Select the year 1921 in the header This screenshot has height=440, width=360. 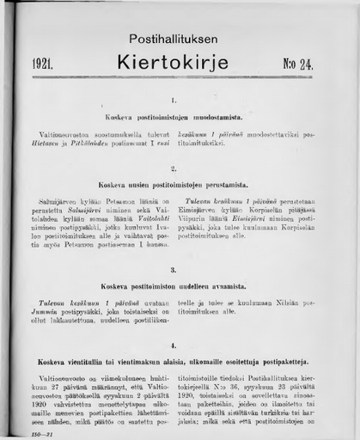point(44,64)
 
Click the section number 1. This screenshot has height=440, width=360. point(174,100)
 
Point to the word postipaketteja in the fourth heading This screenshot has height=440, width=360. point(278,361)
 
